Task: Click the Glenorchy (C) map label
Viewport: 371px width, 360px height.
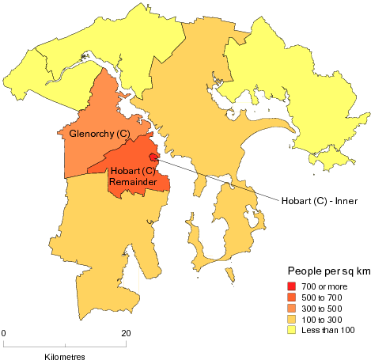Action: [x=100, y=134]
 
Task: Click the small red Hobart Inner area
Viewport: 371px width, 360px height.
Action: [x=153, y=157]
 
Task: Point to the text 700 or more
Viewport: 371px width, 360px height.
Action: [x=325, y=286]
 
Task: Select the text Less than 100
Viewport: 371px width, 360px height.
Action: [x=328, y=330]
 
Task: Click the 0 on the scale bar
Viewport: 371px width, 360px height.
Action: [x=4, y=332]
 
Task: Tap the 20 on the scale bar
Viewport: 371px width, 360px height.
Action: [x=127, y=332]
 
